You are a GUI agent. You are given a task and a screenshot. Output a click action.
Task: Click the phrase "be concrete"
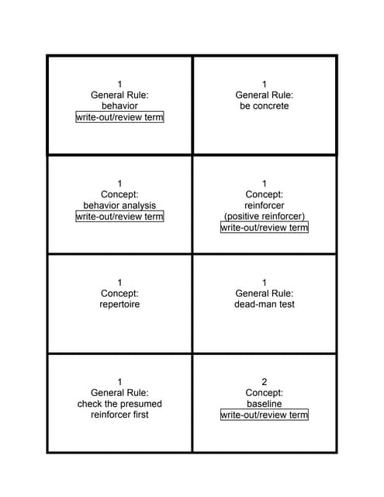tap(265, 106)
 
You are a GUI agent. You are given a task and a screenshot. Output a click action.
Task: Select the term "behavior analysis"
tap(119, 206)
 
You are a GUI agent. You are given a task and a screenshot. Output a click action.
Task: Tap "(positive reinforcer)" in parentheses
tap(265, 217)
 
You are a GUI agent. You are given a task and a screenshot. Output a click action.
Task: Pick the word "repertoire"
tap(119, 304)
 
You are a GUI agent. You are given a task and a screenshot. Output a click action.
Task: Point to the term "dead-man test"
tap(265, 304)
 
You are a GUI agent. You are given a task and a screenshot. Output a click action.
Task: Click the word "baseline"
tap(265, 404)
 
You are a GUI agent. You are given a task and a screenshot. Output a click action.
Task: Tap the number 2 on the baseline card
tap(265, 382)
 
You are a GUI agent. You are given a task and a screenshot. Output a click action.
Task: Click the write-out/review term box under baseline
tap(265, 415)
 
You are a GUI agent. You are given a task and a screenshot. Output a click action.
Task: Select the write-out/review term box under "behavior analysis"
tap(119, 217)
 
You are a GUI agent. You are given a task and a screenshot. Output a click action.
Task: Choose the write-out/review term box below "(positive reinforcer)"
tap(265, 228)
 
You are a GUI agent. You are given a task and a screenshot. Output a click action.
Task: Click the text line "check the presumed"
tap(119, 404)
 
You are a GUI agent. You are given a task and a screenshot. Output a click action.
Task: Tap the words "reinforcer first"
tap(119, 415)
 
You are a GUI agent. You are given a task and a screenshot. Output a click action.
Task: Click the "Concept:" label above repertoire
tap(119, 294)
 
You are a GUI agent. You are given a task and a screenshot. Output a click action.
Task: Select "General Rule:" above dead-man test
tap(265, 294)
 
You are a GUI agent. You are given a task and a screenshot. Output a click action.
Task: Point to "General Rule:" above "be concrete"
tap(265, 96)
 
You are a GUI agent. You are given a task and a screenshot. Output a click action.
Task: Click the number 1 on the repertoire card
tap(119, 283)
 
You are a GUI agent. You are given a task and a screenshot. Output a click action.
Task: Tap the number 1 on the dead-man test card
tap(265, 283)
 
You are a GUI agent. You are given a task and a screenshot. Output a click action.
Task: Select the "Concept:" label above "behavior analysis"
tap(119, 195)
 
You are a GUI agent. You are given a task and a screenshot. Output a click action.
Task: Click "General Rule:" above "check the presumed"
tap(119, 393)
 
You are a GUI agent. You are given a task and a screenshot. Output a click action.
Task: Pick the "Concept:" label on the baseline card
tap(265, 393)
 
